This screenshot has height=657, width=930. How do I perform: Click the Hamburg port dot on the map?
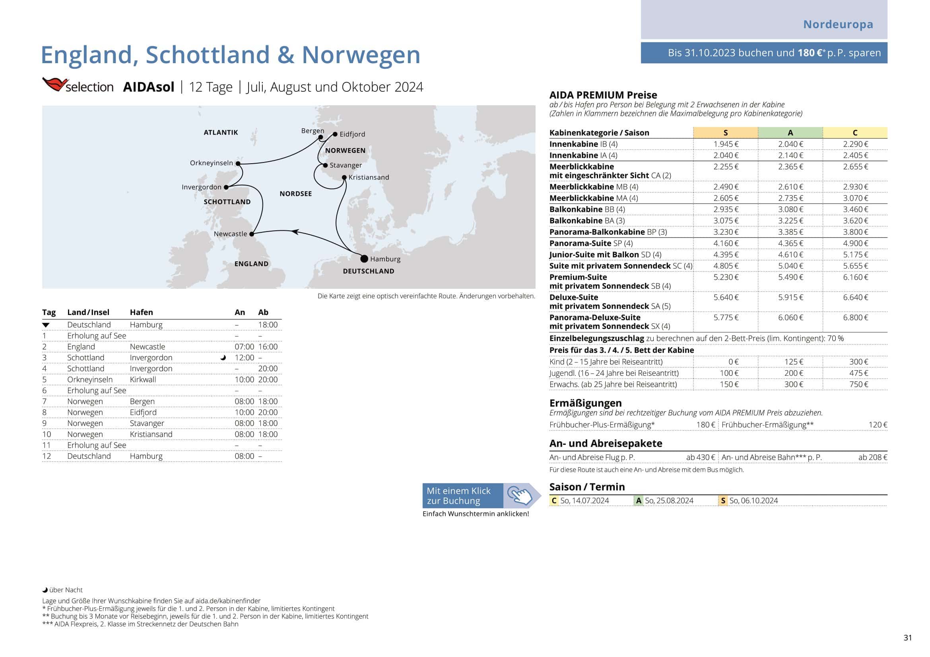click(364, 259)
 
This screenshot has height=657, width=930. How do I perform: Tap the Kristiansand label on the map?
click(369, 177)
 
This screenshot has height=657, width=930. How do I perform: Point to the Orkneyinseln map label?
click(212, 163)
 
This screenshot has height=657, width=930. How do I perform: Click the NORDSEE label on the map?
click(296, 194)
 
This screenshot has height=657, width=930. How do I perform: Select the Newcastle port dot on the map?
click(252, 234)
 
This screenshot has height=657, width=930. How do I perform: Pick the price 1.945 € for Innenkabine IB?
click(726, 144)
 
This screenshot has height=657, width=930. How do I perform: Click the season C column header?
click(855, 133)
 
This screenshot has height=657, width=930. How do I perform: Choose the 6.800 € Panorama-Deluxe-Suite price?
click(856, 318)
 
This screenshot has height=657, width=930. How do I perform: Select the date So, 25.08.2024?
click(669, 500)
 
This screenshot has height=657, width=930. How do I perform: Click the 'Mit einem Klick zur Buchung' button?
click(462, 496)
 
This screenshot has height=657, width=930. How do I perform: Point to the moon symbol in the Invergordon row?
click(223, 357)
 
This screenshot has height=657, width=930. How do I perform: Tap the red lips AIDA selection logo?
click(55, 84)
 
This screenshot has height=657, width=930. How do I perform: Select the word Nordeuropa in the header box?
click(838, 24)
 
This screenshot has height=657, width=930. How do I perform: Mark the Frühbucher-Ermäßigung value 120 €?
click(878, 425)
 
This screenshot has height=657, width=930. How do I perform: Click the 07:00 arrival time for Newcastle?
click(244, 347)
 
